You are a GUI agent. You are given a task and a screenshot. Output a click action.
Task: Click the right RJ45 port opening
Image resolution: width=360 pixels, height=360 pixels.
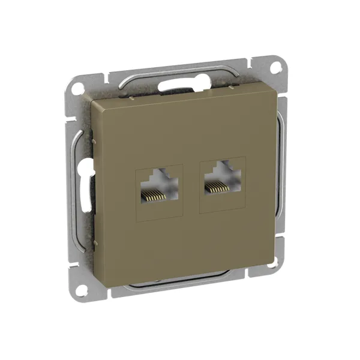click(222, 179)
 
